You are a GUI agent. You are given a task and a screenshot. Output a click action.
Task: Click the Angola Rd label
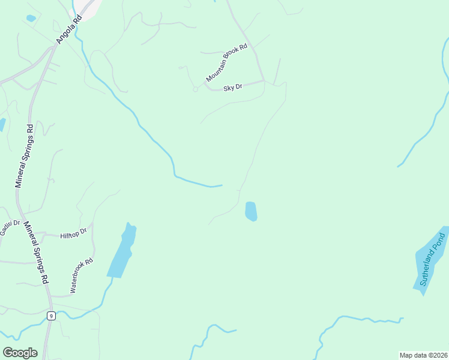(x=68, y=29)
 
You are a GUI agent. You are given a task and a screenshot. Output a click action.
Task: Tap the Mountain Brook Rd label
(x=226, y=63)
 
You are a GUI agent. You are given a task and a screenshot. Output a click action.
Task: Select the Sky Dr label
(x=232, y=88)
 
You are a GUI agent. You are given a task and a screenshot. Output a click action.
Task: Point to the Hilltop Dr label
(x=74, y=233)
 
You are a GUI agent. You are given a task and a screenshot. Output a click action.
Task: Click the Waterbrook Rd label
(x=82, y=275)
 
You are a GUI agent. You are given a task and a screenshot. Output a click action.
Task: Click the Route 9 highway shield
(x=52, y=316)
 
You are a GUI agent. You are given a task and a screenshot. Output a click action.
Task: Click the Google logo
(x=20, y=353)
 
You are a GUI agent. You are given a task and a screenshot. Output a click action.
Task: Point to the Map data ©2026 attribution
(x=423, y=355)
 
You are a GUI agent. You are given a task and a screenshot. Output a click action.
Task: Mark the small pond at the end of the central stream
(x=251, y=211)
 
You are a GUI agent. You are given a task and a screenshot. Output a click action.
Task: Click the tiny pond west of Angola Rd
(x=31, y=19)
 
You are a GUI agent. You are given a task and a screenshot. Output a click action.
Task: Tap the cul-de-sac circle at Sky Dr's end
(x=195, y=89)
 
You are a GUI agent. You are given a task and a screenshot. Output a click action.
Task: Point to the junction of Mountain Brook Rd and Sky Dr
(x=264, y=80)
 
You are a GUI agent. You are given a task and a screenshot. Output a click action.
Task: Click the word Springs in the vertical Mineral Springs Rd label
(x=24, y=157)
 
